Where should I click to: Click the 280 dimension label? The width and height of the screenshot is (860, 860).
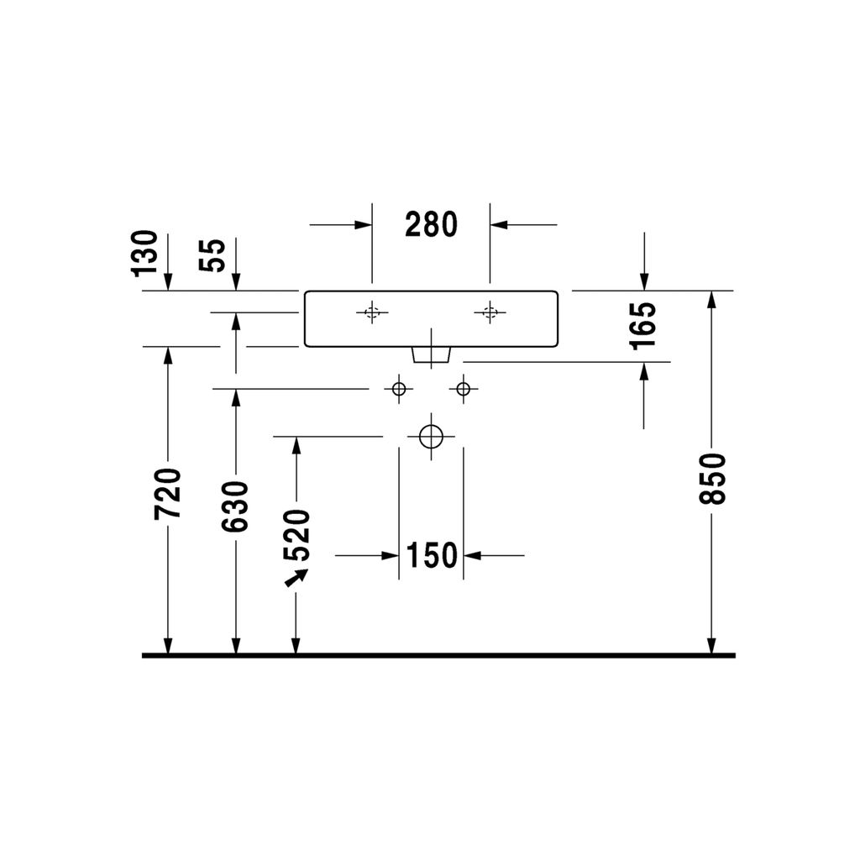431,225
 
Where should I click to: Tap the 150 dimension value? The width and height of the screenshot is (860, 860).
432,555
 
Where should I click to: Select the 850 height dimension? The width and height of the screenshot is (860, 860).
712,478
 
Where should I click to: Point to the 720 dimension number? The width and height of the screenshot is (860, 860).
168,493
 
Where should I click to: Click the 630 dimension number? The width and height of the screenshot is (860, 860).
235,506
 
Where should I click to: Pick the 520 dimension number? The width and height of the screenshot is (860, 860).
296,535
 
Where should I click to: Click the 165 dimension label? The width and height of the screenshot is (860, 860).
642,326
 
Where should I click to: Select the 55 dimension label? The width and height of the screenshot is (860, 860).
212,255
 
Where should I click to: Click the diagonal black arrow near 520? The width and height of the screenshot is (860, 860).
296,578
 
